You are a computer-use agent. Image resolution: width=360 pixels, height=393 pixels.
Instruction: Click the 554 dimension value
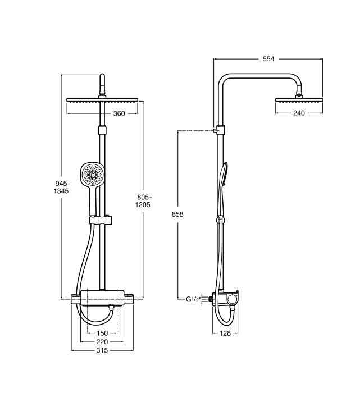(268, 59)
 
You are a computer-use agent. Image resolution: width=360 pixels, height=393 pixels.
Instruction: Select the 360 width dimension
(119, 113)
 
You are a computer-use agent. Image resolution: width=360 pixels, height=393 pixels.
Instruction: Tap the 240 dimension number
(299, 113)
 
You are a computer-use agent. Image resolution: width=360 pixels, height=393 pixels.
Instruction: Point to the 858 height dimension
(177, 214)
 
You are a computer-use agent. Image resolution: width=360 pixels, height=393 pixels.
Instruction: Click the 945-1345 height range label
(61, 187)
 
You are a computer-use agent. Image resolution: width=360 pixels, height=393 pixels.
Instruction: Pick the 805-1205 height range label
(143, 201)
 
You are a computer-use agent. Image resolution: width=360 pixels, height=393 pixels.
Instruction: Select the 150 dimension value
(102, 333)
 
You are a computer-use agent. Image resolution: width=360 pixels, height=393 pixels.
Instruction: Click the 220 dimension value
(102, 341)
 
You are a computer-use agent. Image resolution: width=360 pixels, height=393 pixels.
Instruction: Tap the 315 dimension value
(102, 350)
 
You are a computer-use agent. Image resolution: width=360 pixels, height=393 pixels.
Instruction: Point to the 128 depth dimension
(225, 333)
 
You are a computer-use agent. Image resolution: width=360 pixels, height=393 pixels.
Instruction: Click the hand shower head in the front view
(92, 173)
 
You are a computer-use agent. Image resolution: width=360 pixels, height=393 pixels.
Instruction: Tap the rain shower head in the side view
(299, 100)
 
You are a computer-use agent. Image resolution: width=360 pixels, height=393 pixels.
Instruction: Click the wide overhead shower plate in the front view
(102, 100)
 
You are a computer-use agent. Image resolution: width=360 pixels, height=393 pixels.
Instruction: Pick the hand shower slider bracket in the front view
(101, 220)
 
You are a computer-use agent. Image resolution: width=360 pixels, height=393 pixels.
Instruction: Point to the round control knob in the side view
(232, 299)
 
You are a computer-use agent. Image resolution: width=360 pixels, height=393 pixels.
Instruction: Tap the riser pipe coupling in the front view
(102, 130)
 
